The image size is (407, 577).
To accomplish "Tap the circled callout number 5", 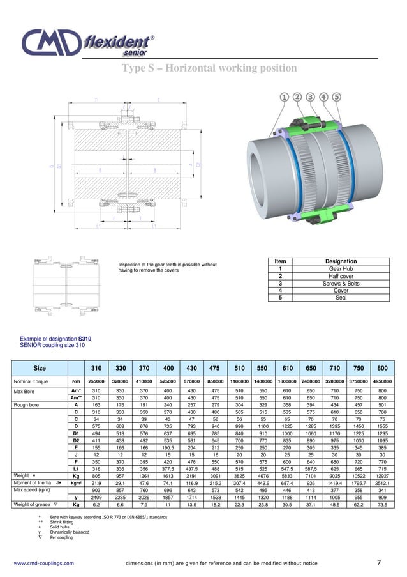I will click(x=336, y=96).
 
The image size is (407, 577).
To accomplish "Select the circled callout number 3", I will click(x=311, y=96).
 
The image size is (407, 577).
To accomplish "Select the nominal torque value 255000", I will click(x=96, y=381).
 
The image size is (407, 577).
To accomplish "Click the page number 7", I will click(x=379, y=562).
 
